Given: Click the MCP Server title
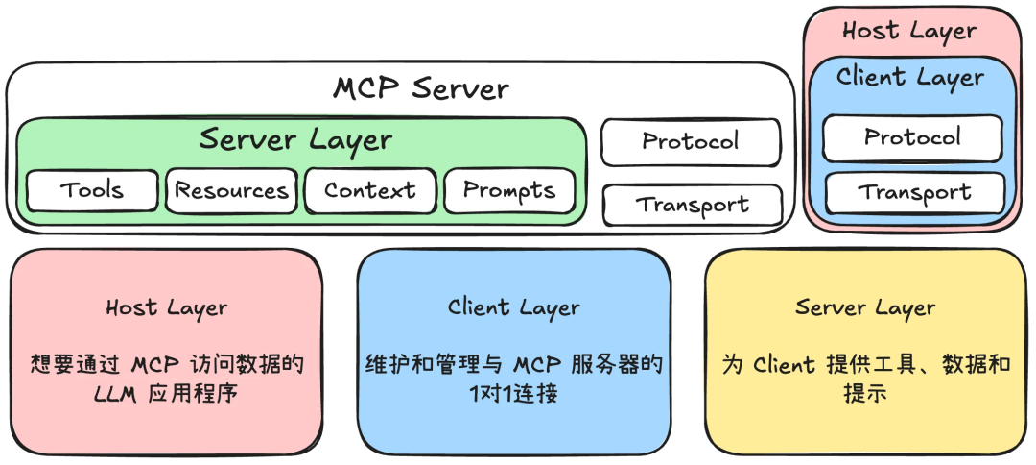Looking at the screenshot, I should [420, 88].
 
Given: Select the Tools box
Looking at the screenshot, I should [92, 190].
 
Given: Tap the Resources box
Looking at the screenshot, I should [231, 190].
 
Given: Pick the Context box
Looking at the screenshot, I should [369, 190].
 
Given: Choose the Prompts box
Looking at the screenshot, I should [509, 190].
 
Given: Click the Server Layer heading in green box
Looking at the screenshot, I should [295, 139].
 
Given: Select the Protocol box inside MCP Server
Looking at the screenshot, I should [691, 141].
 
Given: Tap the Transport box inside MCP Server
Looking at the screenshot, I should [692, 205].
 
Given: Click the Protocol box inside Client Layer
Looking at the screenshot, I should [911, 136].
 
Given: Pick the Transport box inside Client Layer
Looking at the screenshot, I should [914, 192].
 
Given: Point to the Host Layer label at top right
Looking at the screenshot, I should [909, 31].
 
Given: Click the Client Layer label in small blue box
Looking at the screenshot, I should [909, 77].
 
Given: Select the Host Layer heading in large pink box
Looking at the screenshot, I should [166, 308].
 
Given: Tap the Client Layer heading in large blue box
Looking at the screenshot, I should [513, 307].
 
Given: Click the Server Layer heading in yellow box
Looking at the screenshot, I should [864, 307].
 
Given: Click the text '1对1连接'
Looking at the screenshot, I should [513, 395].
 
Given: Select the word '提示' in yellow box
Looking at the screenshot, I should [740, 395].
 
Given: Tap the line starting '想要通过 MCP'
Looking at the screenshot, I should [166, 365].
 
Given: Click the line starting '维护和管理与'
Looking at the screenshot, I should [513, 365].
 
